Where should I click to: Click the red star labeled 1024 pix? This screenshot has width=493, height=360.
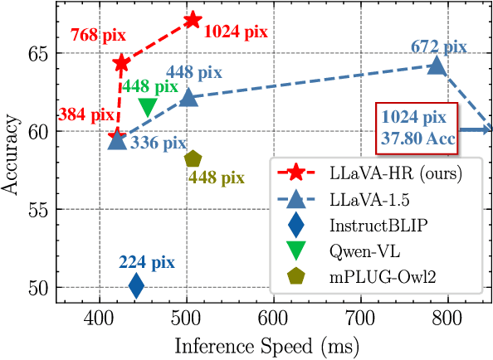pos(192,19)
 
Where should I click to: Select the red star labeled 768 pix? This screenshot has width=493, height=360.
pos(121,63)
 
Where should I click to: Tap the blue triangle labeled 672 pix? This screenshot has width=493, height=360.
pos(437,66)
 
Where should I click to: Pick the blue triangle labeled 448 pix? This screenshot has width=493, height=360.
pos(189,97)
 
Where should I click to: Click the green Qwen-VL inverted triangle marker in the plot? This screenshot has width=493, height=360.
pos(148,107)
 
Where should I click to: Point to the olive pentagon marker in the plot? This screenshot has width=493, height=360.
pos(193,158)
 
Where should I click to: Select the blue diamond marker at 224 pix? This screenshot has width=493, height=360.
pos(136,286)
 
